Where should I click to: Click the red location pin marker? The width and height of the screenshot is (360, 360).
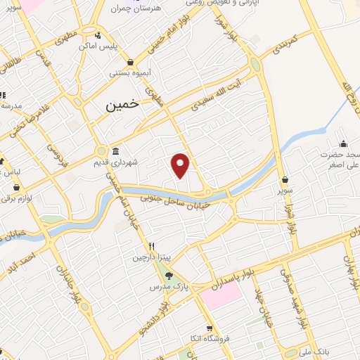pos(181,164)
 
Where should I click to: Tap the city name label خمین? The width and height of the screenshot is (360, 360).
pos(122,106)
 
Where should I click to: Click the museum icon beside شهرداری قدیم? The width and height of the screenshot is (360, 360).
pos(115,152)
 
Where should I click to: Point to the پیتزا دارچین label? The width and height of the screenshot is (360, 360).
pos(151,258)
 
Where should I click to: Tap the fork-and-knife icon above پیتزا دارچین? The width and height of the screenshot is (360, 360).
pos(150,247)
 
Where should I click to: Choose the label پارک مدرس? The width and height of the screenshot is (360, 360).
pos(163,288)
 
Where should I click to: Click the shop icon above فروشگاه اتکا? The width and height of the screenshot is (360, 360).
pos(209,328)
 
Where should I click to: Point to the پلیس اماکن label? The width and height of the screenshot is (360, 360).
pos(117,46)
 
